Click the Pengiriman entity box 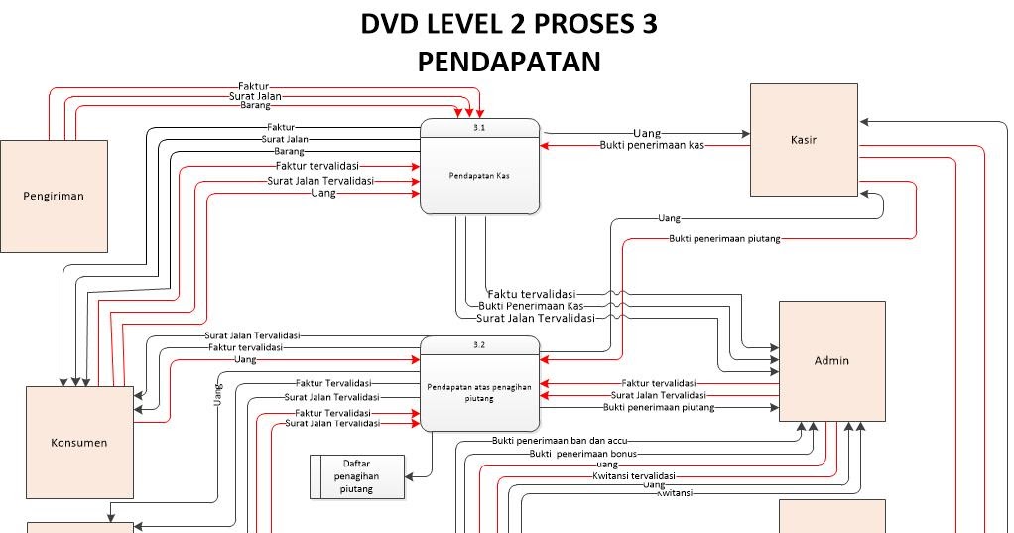pos(54,196)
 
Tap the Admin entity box pos(831,360)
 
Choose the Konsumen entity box pos(78,442)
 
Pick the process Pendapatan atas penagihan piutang pos(480,392)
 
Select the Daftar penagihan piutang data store pos(357,476)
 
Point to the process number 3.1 pos(480,128)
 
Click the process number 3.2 pos(480,344)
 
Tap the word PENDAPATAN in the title pos(509,62)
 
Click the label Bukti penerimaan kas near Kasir pos(652,145)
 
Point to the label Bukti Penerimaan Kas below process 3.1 pos(530,306)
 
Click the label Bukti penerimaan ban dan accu pos(560,440)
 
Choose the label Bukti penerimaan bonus pos(582,453)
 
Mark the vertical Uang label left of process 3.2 pos(218,393)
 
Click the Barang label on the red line pos(255,105)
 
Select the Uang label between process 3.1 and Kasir pos(647,132)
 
